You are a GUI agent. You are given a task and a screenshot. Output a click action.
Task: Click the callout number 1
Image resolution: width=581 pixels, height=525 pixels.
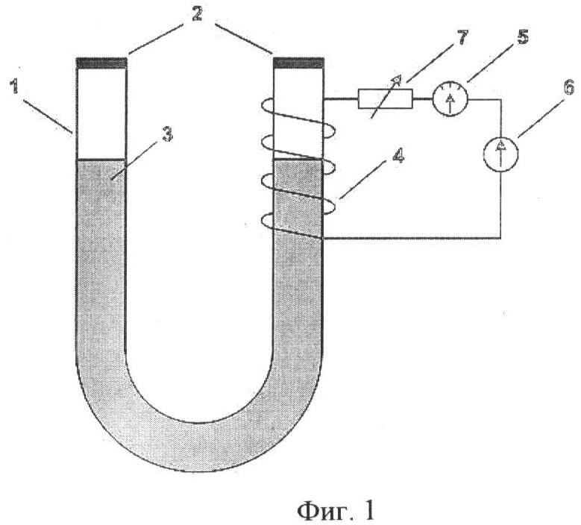click(14, 87)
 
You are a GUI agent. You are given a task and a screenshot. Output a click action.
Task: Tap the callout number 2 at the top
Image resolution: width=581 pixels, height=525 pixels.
click(197, 14)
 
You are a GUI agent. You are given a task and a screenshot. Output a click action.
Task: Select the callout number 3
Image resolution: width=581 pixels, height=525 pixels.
click(168, 134)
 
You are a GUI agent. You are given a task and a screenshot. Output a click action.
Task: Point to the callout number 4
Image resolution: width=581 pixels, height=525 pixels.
click(398, 156)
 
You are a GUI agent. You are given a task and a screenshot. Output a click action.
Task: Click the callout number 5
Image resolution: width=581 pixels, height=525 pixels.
click(522, 37)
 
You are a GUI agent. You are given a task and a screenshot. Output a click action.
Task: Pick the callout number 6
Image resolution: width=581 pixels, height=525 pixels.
click(569, 87)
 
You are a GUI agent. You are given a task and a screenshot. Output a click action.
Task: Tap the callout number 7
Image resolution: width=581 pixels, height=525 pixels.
click(462, 37)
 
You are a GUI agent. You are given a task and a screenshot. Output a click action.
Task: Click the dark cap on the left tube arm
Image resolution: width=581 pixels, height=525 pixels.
click(101, 63)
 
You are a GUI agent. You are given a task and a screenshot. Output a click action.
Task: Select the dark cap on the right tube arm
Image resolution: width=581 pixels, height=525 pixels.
click(298, 63)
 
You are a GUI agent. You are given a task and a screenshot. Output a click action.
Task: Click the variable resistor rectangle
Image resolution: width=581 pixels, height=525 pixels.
click(386, 99)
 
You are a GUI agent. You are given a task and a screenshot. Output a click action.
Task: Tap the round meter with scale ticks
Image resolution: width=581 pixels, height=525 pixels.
click(450, 99)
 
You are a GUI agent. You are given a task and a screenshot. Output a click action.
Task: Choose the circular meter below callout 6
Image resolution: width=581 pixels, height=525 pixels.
click(500, 154)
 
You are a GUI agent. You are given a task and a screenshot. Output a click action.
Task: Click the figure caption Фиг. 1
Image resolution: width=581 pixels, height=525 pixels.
click(336, 511)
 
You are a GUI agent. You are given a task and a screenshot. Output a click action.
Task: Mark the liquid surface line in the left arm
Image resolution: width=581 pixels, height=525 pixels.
click(101, 160)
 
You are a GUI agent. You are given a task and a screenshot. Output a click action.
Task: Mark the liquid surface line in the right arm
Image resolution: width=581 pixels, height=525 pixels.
click(298, 160)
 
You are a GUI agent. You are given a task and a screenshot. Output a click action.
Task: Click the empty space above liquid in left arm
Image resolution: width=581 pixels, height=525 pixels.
click(101, 113)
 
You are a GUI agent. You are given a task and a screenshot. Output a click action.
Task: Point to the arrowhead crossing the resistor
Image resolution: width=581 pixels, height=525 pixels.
click(397, 78)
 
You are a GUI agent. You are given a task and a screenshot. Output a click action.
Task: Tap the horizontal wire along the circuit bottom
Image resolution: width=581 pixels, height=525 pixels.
click(412, 238)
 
